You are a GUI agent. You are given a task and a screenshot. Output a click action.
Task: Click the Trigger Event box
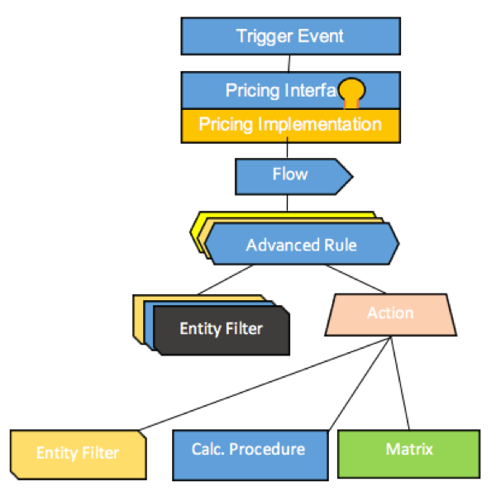coord(289,36)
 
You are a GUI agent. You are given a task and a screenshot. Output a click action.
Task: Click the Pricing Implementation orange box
coord(289,125)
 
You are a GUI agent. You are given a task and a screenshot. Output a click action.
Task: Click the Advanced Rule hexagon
coord(302,245)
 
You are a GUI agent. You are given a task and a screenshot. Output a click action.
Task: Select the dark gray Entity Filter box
coord(221,329)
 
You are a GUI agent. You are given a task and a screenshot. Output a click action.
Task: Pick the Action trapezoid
coord(390,314)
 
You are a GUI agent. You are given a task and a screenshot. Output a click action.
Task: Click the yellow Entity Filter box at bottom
coord(78,452)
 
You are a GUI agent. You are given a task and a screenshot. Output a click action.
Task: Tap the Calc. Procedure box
coord(248,451)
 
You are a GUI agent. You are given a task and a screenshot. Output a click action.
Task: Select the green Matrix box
coord(409,451)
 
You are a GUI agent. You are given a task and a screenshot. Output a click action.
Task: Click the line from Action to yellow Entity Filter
coord(265,384)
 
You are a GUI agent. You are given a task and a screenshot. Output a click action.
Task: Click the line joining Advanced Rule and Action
coord(355,279)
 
